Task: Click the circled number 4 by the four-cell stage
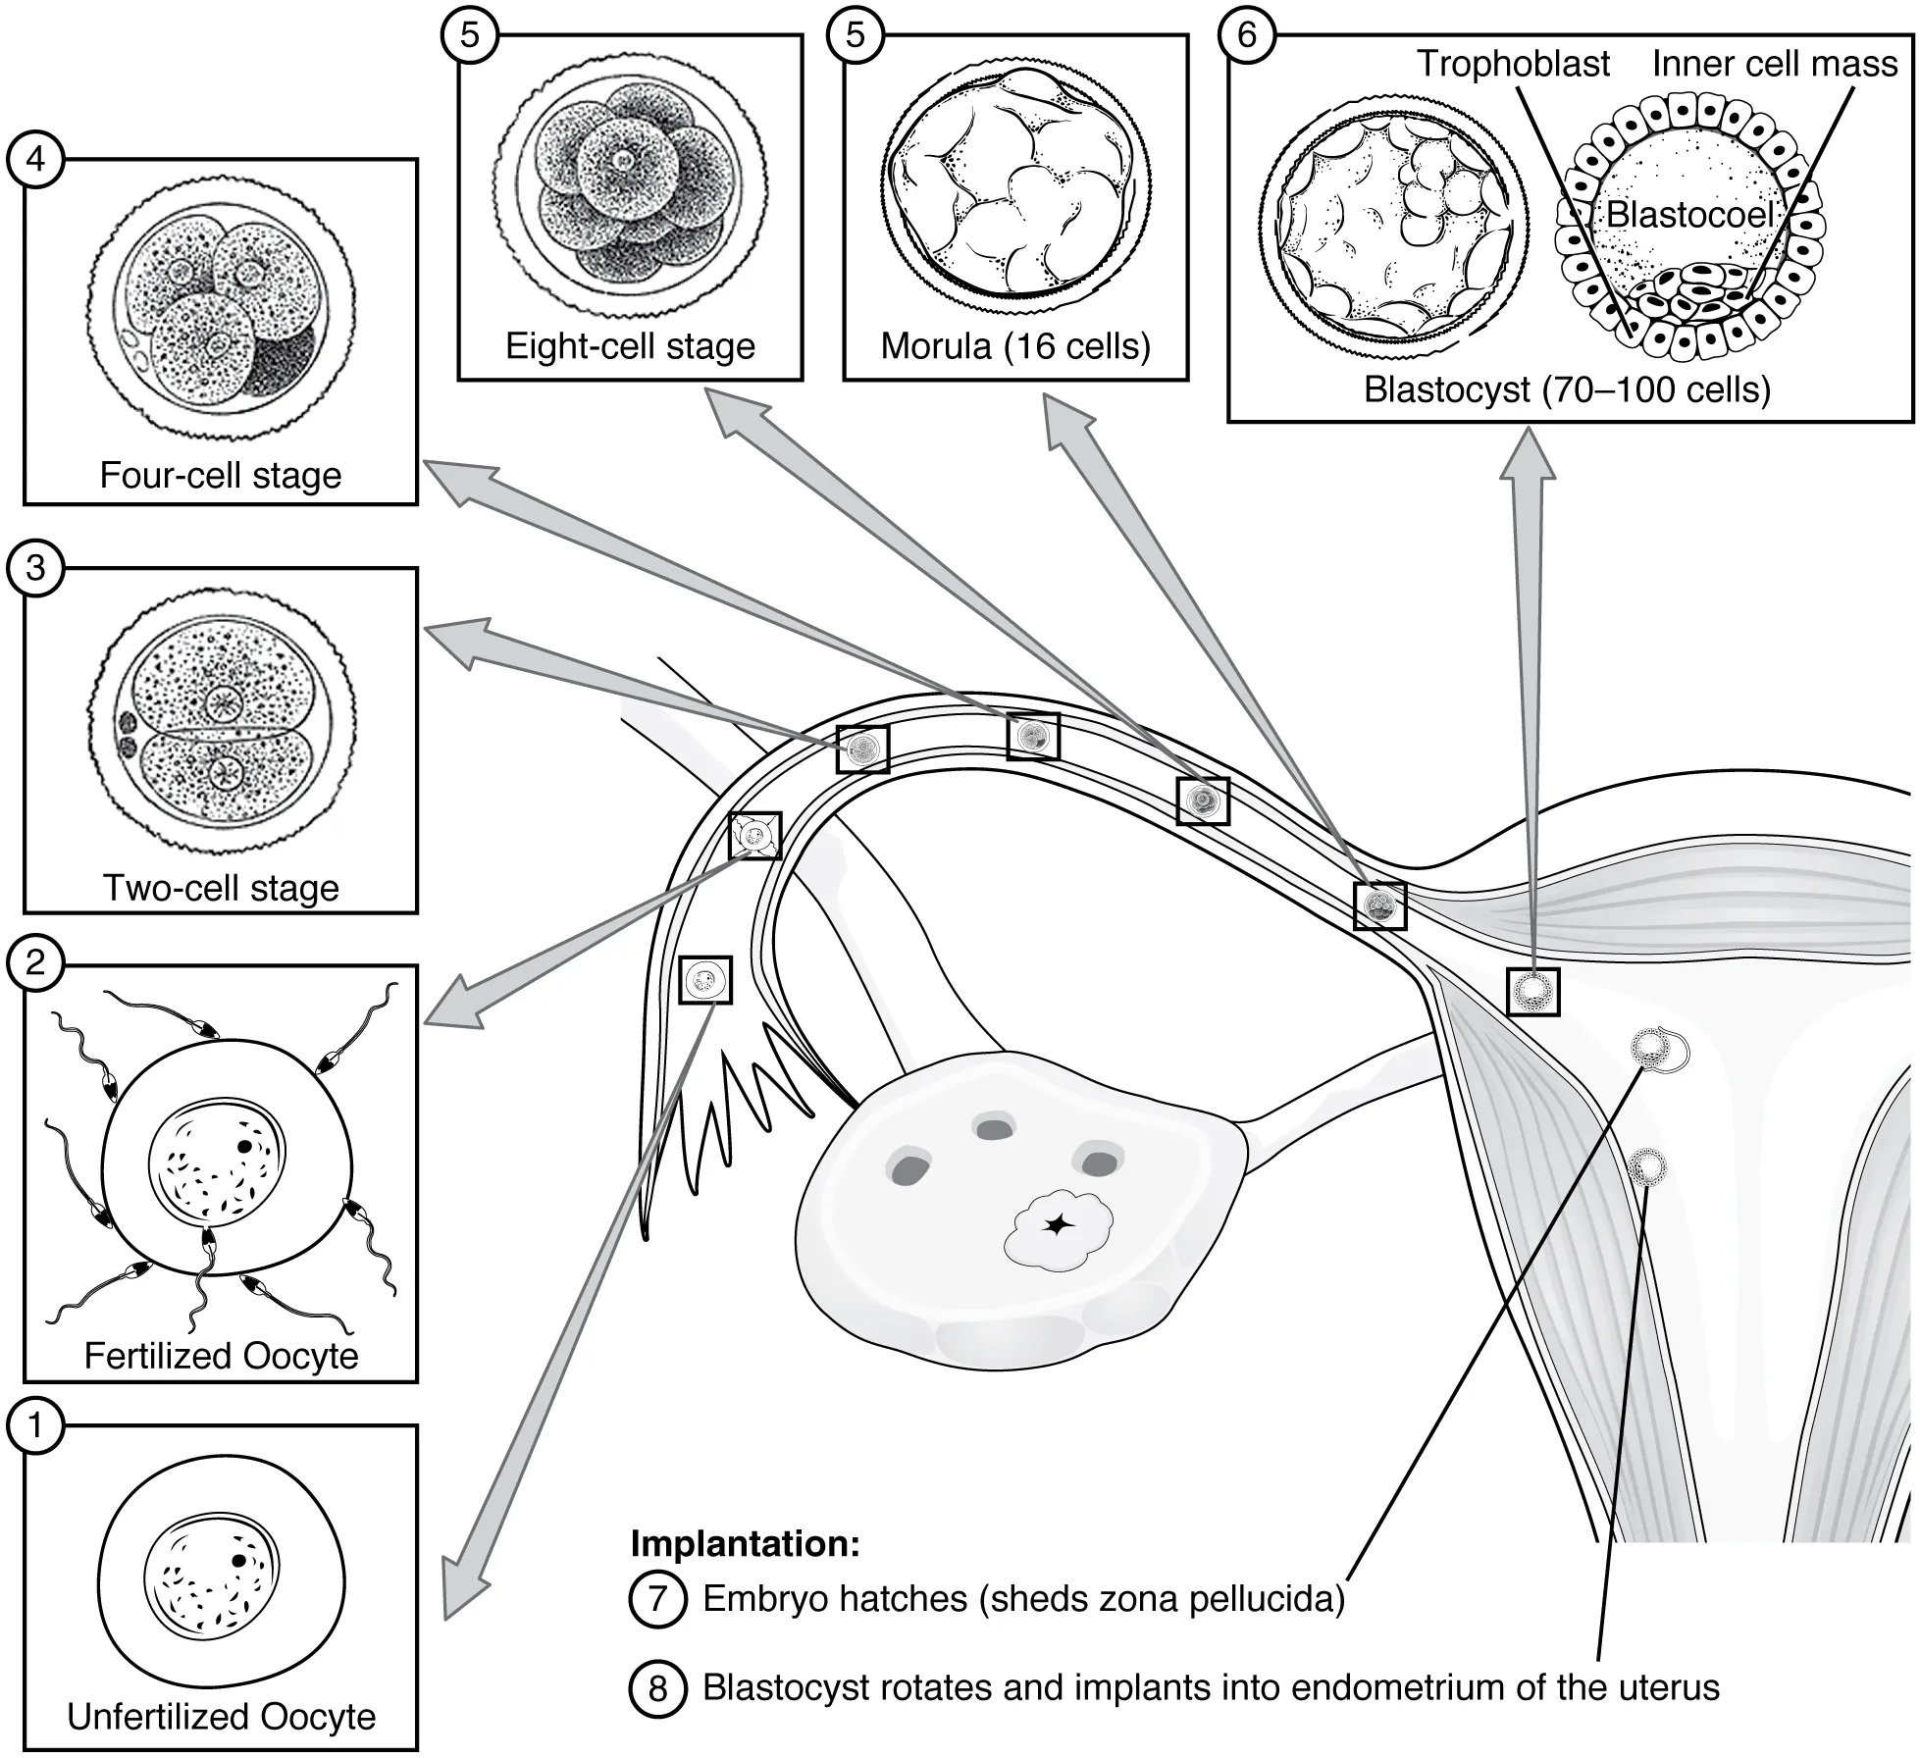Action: coord(35,158)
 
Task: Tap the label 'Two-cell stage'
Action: coord(221,887)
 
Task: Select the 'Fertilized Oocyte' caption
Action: coord(221,1355)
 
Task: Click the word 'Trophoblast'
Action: coord(1512,64)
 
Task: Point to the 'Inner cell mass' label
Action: coord(1774,64)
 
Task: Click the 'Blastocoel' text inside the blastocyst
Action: coord(1689,215)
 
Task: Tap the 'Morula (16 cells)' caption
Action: coord(1015,345)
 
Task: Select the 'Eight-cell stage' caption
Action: coord(630,345)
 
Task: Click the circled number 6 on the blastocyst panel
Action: coord(1246,34)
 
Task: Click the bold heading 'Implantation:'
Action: coord(745,1543)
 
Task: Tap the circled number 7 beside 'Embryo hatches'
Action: coord(656,1599)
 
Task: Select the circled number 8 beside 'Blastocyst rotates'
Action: coord(656,1688)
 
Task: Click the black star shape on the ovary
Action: coord(1057,1224)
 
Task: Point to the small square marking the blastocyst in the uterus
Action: coord(1532,991)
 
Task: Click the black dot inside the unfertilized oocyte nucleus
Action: coord(238,1560)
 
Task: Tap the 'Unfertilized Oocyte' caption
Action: coord(221,1717)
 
